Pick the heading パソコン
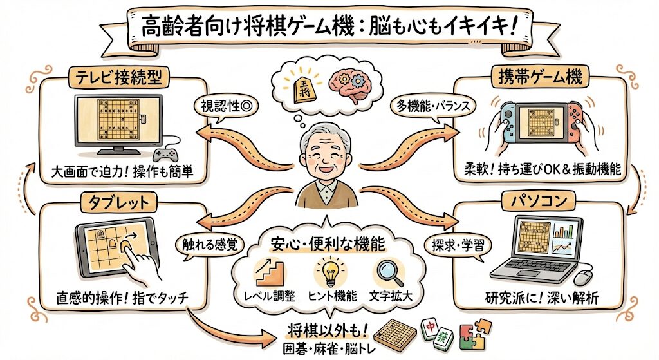coord(539,202)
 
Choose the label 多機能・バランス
coord(431,103)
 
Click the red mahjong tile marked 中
coord(429,327)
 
